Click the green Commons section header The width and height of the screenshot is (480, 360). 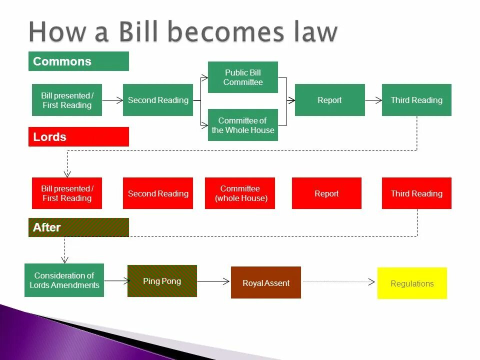tap(78, 61)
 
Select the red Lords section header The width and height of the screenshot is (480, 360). tap(78, 137)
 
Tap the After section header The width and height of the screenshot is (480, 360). tap(78, 227)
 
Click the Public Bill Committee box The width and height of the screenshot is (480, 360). tap(243, 77)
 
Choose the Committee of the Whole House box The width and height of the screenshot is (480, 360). tap(243, 125)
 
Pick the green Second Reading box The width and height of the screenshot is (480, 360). tap(158, 100)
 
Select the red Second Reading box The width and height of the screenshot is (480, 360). tap(158, 193)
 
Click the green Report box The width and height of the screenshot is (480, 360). tap(329, 100)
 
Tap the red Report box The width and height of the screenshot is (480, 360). tap(326, 193)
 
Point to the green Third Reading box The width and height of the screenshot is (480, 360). tap(416, 100)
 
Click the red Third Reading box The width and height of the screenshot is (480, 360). tap(416, 193)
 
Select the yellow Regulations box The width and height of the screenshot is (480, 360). tap(412, 283)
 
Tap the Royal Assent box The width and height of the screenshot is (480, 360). tap(266, 283)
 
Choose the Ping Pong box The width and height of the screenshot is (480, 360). tap(162, 281)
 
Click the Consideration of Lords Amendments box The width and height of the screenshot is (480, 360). tap(64, 280)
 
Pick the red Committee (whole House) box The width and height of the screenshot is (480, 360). tap(240, 193)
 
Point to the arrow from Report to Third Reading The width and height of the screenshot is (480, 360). tap(373, 100)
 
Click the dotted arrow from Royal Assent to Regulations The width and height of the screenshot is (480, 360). tap(339, 282)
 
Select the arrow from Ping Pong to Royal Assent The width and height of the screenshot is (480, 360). tap(213, 281)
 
